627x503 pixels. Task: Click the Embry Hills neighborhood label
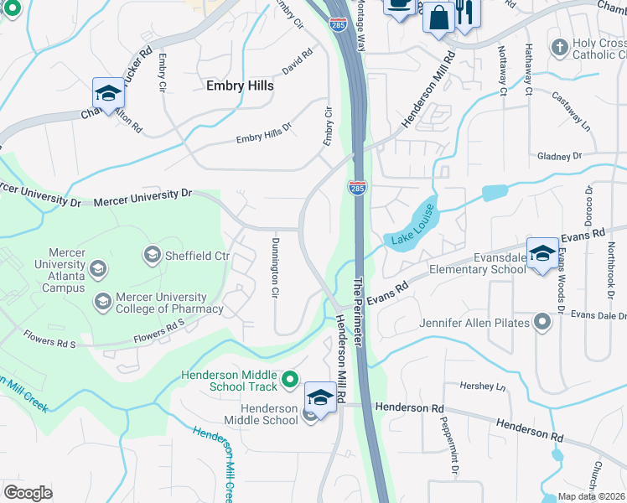[240, 86]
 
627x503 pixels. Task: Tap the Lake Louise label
[411, 226]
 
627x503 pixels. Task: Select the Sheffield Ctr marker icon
[152, 253]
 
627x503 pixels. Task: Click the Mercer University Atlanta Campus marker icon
[98, 269]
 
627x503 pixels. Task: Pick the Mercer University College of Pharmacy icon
[103, 302]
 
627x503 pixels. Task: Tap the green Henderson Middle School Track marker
[290, 381]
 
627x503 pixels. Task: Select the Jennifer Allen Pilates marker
[543, 323]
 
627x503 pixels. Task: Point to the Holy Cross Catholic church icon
[559, 47]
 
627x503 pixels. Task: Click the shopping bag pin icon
[438, 17]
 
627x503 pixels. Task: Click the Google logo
[28, 493]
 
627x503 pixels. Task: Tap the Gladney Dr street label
[559, 156]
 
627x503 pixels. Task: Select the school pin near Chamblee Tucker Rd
[107, 96]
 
